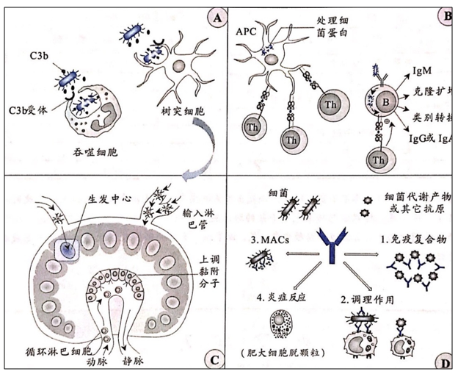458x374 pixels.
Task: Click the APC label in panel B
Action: tap(247, 32)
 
